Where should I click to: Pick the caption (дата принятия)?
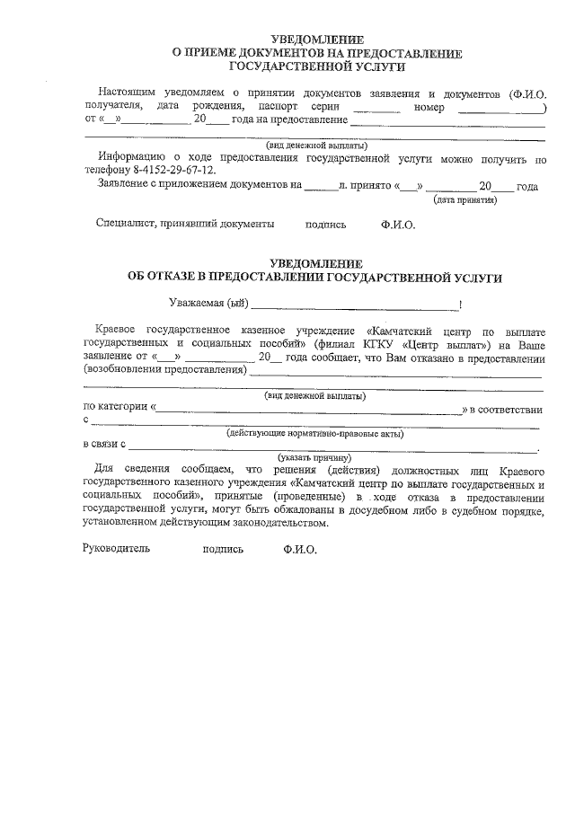[x=465, y=200]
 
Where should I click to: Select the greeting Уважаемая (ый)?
[x=208, y=304]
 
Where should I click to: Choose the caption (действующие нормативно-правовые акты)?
[x=314, y=433]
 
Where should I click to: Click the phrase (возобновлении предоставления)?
[x=164, y=369]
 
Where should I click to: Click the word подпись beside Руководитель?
[x=223, y=548]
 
